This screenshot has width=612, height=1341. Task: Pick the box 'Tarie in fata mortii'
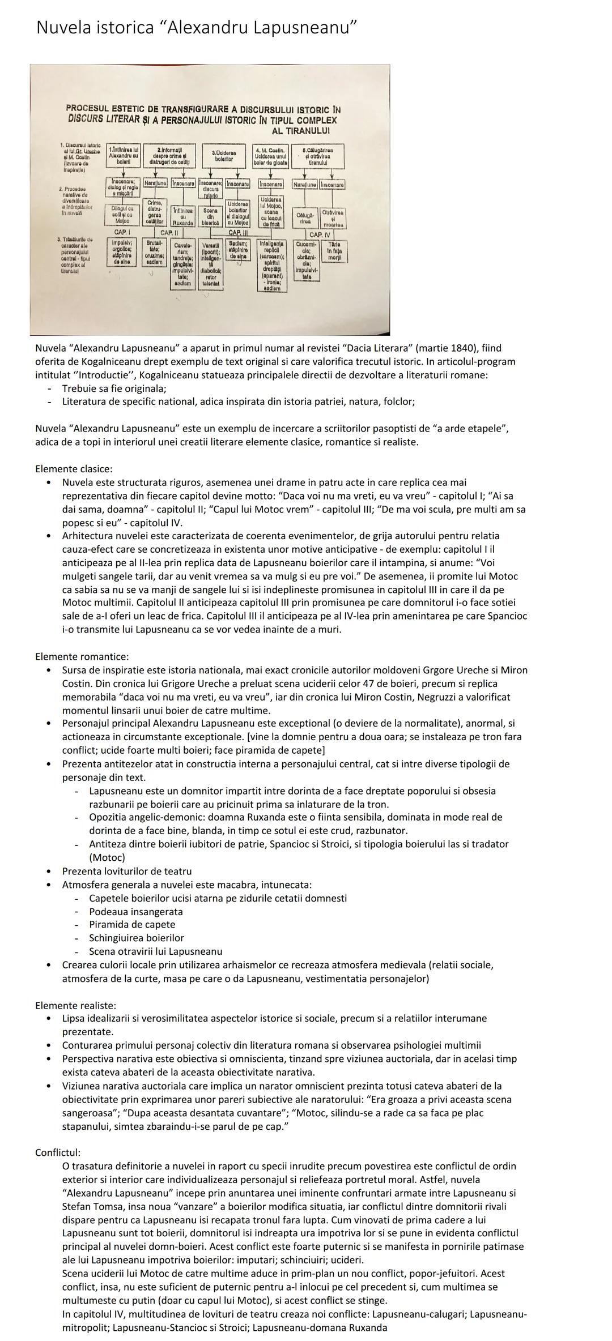pos(334,251)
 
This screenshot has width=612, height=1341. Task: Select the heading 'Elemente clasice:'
pos(74,469)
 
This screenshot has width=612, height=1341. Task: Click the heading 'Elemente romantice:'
pos(82,656)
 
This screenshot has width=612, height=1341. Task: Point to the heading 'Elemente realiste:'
pos(75,1005)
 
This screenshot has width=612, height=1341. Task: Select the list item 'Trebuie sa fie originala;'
pos(114,388)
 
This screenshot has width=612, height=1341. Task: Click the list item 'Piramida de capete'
pos(132,925)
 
